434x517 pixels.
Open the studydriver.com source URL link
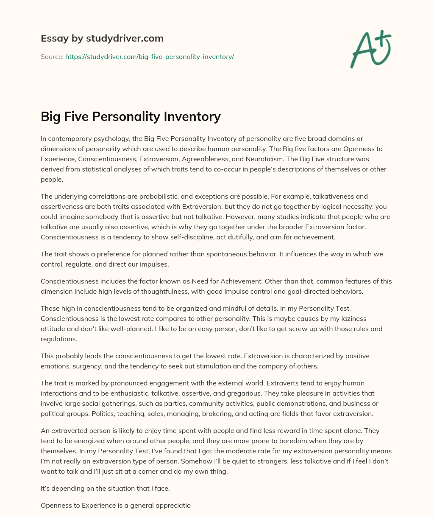pyautogui.click(x=150, y=56)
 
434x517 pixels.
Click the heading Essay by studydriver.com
pyautogui.click(x=102, y=38)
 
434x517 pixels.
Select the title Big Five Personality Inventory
pyautogui.click(x=131, y=116)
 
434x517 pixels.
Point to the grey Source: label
pyautogui.click(x=52, y=56)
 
